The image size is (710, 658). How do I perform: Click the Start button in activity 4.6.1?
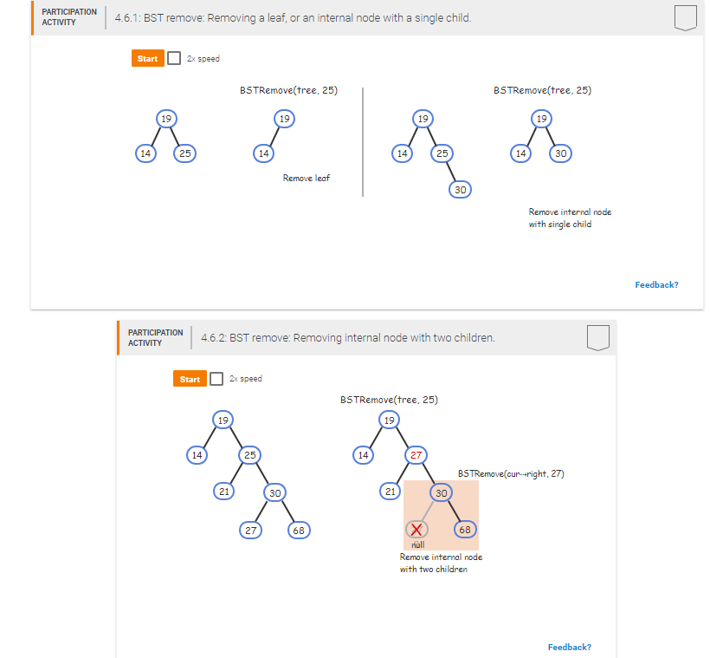147,58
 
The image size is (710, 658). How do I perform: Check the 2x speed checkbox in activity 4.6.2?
216,379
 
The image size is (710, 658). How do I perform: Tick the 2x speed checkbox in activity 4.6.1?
173,58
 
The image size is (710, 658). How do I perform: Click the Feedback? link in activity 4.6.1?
656,284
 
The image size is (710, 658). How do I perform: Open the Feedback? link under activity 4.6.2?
569,647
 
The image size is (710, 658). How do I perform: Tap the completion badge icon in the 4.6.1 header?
685,17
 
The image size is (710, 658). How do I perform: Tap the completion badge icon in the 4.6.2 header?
597,337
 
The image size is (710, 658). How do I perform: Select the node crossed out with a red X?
416,529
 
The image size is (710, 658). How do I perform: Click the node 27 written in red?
416,454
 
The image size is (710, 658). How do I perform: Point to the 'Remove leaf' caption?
306,178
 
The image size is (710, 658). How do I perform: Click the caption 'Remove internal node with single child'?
570,218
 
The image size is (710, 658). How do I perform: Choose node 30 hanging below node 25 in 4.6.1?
460,189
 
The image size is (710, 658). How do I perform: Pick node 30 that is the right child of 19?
560,153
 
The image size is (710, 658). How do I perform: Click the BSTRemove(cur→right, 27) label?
511,473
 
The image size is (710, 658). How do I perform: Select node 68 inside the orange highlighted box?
465,529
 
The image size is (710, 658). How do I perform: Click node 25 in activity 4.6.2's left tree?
248,454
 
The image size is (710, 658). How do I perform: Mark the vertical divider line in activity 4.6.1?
363,143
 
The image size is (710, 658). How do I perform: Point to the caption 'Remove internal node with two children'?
441,563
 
